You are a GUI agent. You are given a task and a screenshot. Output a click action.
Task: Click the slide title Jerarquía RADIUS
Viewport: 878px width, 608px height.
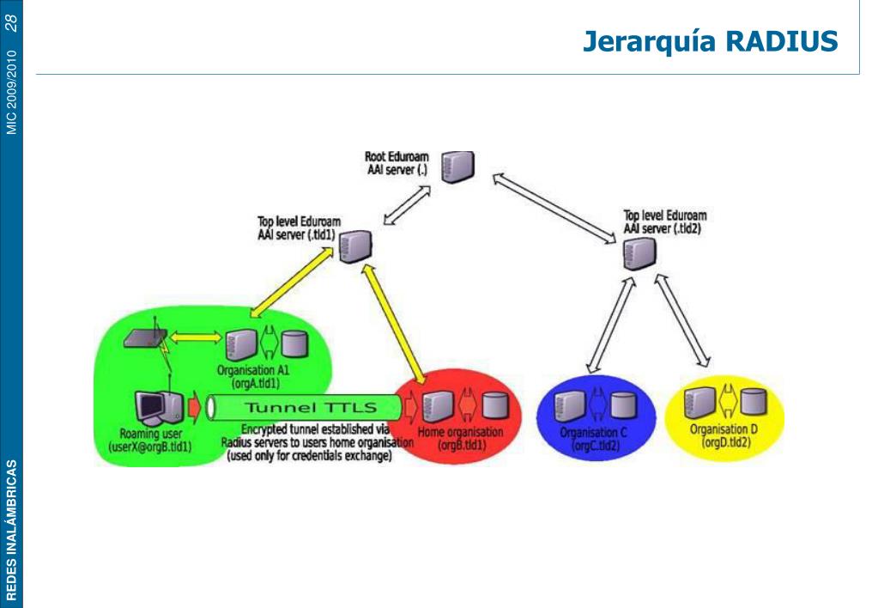point(710,41)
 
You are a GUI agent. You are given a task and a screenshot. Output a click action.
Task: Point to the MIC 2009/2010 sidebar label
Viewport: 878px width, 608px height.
point(12,92)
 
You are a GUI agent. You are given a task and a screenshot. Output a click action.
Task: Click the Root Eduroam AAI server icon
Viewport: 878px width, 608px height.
point(457,166)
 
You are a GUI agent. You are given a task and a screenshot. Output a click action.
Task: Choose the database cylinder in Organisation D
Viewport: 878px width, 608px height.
point(754,400)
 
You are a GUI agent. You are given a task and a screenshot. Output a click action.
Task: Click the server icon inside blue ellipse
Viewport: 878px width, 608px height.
point(570,404)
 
